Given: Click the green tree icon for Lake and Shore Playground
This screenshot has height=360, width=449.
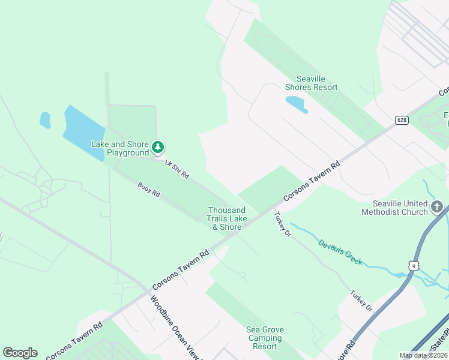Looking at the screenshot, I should (x=158, y=146).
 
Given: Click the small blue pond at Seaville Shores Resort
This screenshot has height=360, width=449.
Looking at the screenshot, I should (x=297, y=104).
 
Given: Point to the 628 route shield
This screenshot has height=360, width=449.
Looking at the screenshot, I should (x=402, y=120).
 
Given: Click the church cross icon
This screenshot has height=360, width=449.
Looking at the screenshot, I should (x=438, y=209).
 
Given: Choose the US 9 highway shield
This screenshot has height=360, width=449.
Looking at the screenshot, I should (x=414, y=265).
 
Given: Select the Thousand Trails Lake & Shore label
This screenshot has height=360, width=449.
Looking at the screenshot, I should (x=226, y=218).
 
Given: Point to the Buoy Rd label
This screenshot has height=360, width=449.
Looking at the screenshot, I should (x=148, y=190).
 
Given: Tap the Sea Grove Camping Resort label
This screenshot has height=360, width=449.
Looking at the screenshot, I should (x=265, y=338).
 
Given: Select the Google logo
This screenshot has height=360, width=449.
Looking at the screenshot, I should (x=20, y=353).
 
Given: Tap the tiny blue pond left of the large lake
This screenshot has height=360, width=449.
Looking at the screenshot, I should (x=45, y=120).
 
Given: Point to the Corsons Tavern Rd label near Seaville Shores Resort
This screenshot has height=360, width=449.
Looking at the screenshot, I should (x=312, y=180).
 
